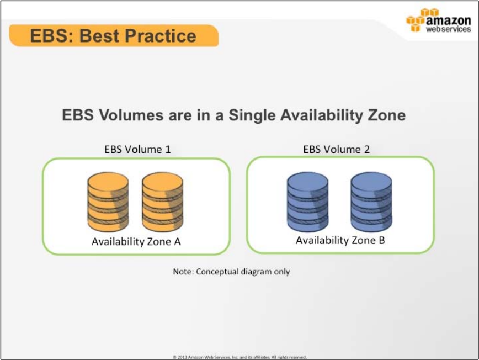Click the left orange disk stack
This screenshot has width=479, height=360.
[x=108, y=202]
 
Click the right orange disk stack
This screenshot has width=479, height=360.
[x=162, y=202]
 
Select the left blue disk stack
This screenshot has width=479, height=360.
[x=307, y=202]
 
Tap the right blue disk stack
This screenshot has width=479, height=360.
[x=371, y=202]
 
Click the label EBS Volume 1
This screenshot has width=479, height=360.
[x=137, y=150]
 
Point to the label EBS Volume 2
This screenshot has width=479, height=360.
[x=336, y=150]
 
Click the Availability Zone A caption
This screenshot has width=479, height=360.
[x=136, y=242]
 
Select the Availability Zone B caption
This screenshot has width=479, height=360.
[x=340, y=241]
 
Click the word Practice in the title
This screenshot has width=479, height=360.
[x=161, y=36]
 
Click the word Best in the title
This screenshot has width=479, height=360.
[x=99, y=36]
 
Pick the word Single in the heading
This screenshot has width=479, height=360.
[x=252, y=115]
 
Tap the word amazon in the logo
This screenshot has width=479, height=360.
[x=449, y=21]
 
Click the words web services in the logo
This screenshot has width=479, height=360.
[x=449, y=29]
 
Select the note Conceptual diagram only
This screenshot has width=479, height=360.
[x=231, y=272]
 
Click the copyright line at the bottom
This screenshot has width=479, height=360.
[x=239, y=357]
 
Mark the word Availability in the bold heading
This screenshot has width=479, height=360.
[x=321, y=116]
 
